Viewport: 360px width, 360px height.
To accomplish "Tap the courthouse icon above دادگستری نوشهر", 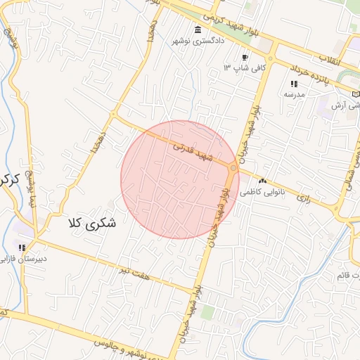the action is click(198, 30).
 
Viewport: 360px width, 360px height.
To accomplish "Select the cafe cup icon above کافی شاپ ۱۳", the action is click(244, 58).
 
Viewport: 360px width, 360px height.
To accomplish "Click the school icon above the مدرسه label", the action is click(293, 84).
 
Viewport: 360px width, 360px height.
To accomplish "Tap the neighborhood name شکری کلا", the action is click(92, 223).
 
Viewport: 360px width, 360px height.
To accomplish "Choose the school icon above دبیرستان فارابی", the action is click(22, 247).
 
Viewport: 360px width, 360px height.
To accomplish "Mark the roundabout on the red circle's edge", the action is click(233, 168).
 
